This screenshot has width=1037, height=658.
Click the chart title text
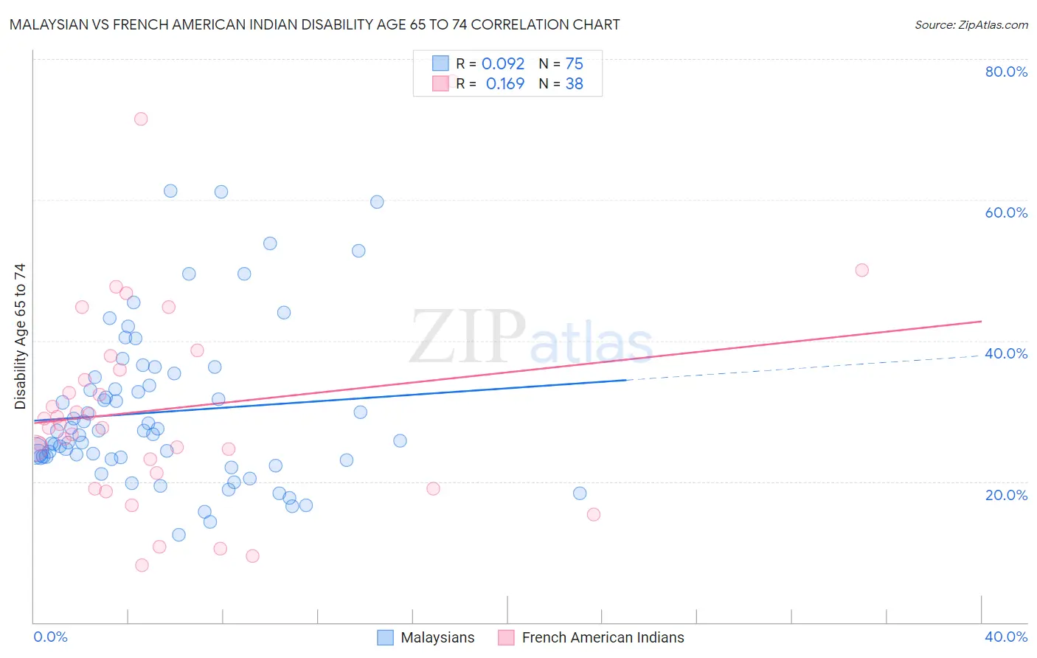tap(314, 24)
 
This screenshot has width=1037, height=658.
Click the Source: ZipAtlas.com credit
tap(971, 24)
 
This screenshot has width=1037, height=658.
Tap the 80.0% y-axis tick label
tap(1006, 72)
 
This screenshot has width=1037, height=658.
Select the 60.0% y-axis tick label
tap(1006, 212)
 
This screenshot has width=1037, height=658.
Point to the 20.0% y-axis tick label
tap(1006, 495)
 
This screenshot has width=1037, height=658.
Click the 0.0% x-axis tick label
tap(50, 637)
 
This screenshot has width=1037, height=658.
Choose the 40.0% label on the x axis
tap(1006, 637)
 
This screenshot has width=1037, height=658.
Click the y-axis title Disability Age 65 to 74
tap(20, 336)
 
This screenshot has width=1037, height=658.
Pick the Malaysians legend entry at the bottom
tap(426, 638)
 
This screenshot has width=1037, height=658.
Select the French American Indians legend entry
tap(591, 638)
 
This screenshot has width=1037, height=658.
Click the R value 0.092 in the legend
tap(503, 64)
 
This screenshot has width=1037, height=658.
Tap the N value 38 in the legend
tap(574, 84)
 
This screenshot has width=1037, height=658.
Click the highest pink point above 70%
tap(141, 119)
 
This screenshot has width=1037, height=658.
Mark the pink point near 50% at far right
tap(861, 270)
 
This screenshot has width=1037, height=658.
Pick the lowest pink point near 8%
tap(142, 565)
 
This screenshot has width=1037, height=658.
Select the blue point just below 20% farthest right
tap(580, 493)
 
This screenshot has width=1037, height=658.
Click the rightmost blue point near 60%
tap(377, 202)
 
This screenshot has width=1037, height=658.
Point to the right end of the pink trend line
tap(981, 322)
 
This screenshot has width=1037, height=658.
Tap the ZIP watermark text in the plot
tap(468, 337)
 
